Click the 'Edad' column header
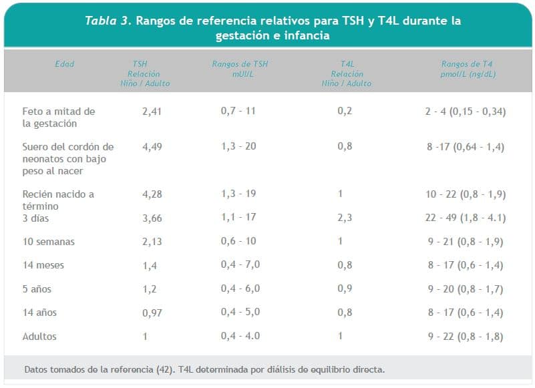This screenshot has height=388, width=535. [65, 64]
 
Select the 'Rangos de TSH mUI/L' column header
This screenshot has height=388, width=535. [240, 69]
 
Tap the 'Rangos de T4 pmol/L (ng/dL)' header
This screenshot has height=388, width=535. [467, 69]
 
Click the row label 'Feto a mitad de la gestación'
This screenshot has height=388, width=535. [59, 117]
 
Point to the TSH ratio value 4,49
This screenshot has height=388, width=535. [152, 146]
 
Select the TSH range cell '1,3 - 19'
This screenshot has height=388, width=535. [238, 194]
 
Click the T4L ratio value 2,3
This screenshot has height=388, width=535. [345, 218]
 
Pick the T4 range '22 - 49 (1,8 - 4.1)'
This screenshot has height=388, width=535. [466, 218]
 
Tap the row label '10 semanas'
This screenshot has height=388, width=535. [48, 242]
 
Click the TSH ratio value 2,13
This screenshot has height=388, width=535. [152, 242]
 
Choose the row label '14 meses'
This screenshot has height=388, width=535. [43, 265]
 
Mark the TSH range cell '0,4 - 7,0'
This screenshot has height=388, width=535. [240, 265]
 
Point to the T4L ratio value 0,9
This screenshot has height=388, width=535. [345, 289]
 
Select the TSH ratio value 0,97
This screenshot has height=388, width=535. [152, 313]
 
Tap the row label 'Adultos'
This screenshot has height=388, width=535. [39, 337]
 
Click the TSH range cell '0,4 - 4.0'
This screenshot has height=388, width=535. [240, 337]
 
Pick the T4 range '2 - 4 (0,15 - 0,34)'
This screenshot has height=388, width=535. [465, 111]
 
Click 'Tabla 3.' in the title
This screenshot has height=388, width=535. [108, 21]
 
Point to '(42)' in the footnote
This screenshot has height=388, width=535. [165, 369]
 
